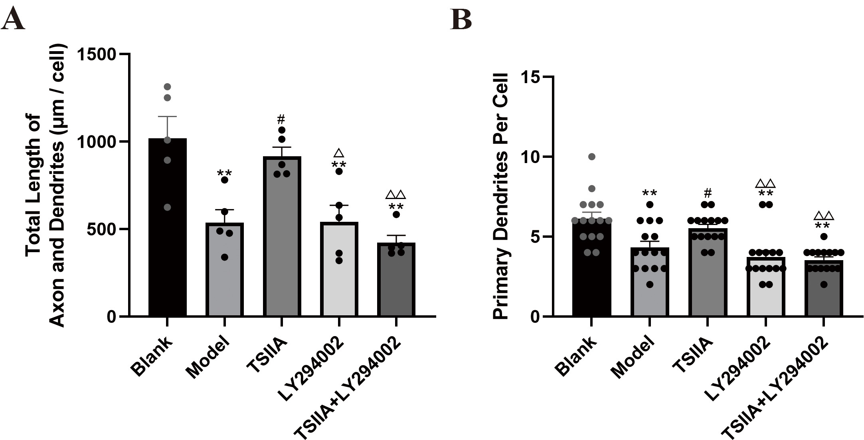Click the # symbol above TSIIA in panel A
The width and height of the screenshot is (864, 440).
click(x=281, y=119)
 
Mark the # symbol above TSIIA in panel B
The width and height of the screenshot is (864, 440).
click(x=708, y=193)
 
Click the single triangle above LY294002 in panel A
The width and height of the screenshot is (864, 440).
click(x=339, y=153)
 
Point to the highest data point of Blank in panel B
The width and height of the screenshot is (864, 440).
click(x=592, y=157)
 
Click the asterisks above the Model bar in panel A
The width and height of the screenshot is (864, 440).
click(x=224, y=173)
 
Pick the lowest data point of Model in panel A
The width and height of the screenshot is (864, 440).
click(x=225, y=257)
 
